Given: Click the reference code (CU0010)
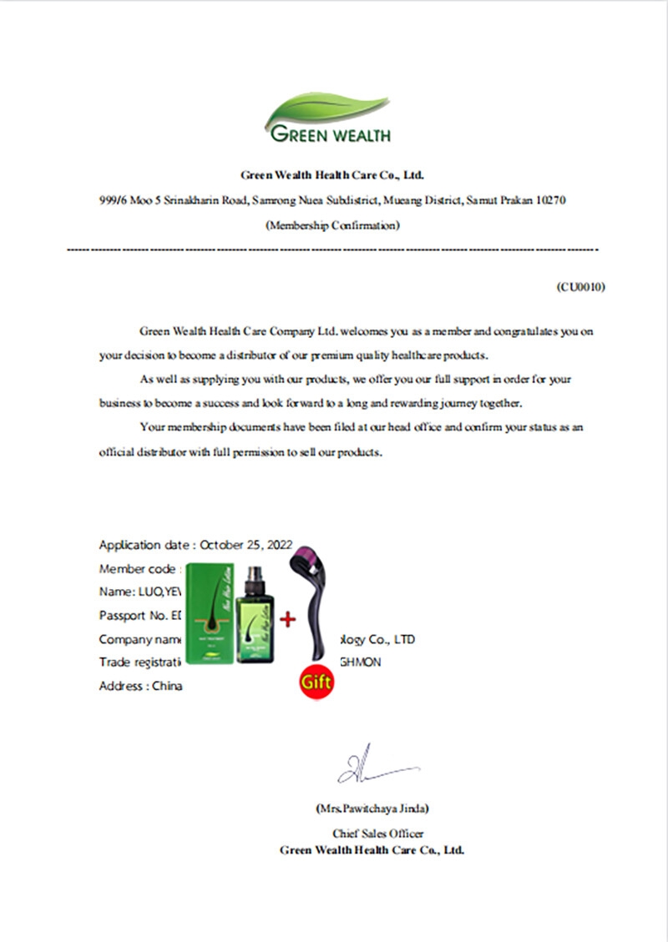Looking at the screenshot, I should [x=581, y=286].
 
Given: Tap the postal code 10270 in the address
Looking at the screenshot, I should [x=553, y=201].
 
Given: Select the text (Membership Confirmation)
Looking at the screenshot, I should [x=332, y=224].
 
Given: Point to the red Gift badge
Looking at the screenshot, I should [x=316, y=681].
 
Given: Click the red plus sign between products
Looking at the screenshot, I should [x=287, y=619].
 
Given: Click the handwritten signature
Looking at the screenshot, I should [x=372, y=766].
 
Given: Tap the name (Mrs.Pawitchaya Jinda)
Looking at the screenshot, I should [x=373, y=809].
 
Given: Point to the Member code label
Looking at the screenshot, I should [x=138, y=569].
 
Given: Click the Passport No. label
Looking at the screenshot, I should [x=134, y=616].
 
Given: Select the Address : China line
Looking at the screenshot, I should [x=140, y=687].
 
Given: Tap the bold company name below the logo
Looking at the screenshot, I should [x=332, y=175].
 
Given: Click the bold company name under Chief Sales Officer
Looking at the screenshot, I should [x=372, y=850].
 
